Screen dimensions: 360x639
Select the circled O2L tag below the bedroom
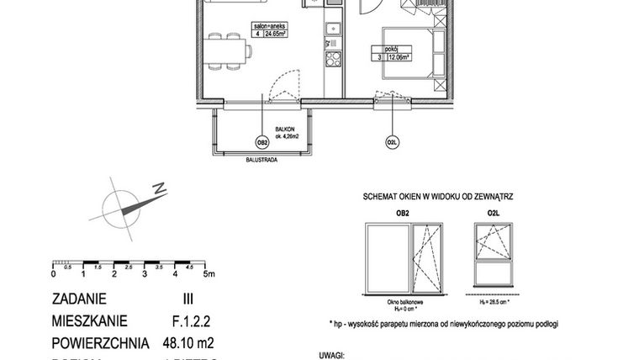[392, 143]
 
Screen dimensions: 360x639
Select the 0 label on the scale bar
[53, 273]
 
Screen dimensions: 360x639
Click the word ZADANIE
[84, 299]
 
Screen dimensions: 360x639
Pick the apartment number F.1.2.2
[182, 320]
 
